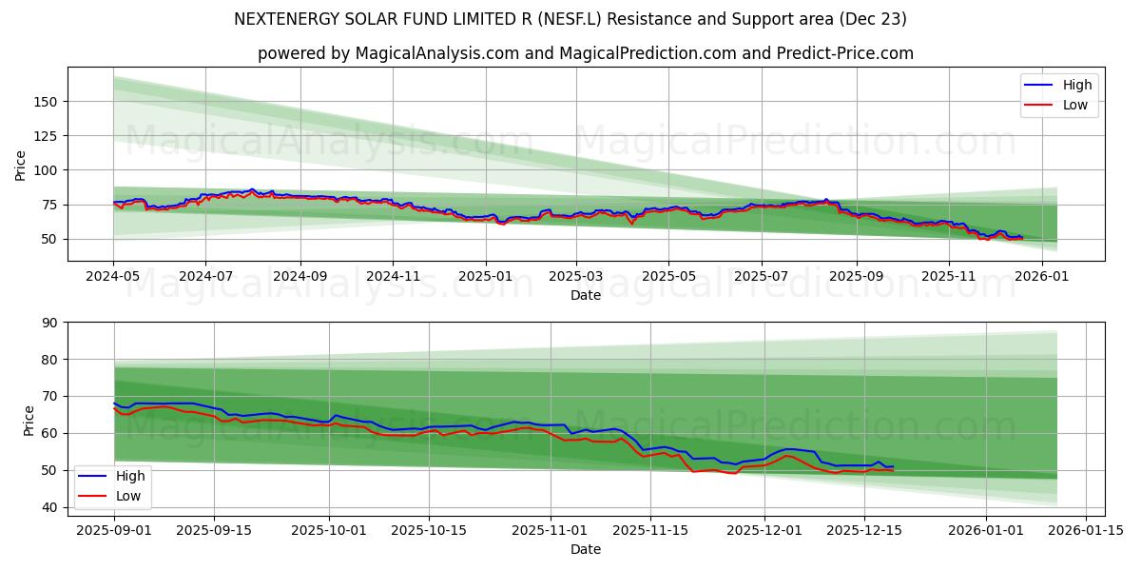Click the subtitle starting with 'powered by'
click(585, 53)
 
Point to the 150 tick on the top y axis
click(48, 102)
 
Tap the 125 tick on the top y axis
click(48, 136)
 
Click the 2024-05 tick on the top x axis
click(113, 276)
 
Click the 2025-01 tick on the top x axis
click(486, 276)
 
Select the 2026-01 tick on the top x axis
click(1042, 276)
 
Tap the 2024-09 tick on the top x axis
click(300, 276)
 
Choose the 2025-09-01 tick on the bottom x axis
click(114, 530)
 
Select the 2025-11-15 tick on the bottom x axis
click(650, 530)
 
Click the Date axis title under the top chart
click(585, 295)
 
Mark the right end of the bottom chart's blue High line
click(893, 466)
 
